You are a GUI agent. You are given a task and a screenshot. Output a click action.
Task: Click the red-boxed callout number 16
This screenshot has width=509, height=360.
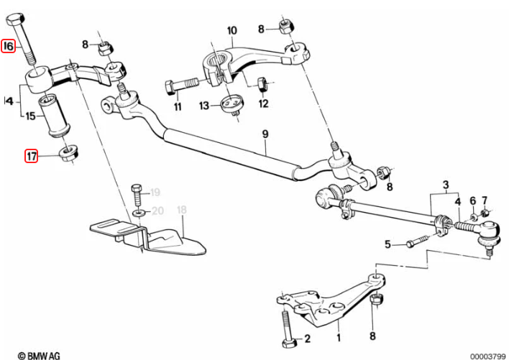pos(9,47)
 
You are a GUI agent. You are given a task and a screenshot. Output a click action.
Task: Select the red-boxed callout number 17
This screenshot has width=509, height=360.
pos(31,155)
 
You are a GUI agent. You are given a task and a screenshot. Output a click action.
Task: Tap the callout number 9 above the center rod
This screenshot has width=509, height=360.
pos(265,134)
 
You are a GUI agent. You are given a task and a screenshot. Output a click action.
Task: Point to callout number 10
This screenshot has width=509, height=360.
pos(231,30)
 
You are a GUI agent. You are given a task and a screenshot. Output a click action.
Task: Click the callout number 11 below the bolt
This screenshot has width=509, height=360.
pos(178,108)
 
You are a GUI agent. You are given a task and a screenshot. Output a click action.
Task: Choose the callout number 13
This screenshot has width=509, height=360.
pos(204,106)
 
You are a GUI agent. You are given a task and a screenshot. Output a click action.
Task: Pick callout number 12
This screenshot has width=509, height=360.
pos(263,103)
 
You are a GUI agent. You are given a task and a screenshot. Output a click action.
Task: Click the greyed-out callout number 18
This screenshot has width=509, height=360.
pos(181,210)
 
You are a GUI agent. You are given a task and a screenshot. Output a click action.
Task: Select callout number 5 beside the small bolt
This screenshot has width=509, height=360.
pos(388,244)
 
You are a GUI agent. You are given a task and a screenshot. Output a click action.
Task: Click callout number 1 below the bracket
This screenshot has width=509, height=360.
pos(339,333)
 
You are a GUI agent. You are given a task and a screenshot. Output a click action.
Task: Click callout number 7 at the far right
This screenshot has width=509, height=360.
pos(485,199)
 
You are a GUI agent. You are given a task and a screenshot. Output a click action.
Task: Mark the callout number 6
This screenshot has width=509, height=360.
pos(472,200)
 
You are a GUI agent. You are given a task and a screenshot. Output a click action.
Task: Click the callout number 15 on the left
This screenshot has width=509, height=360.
pos(31,116)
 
